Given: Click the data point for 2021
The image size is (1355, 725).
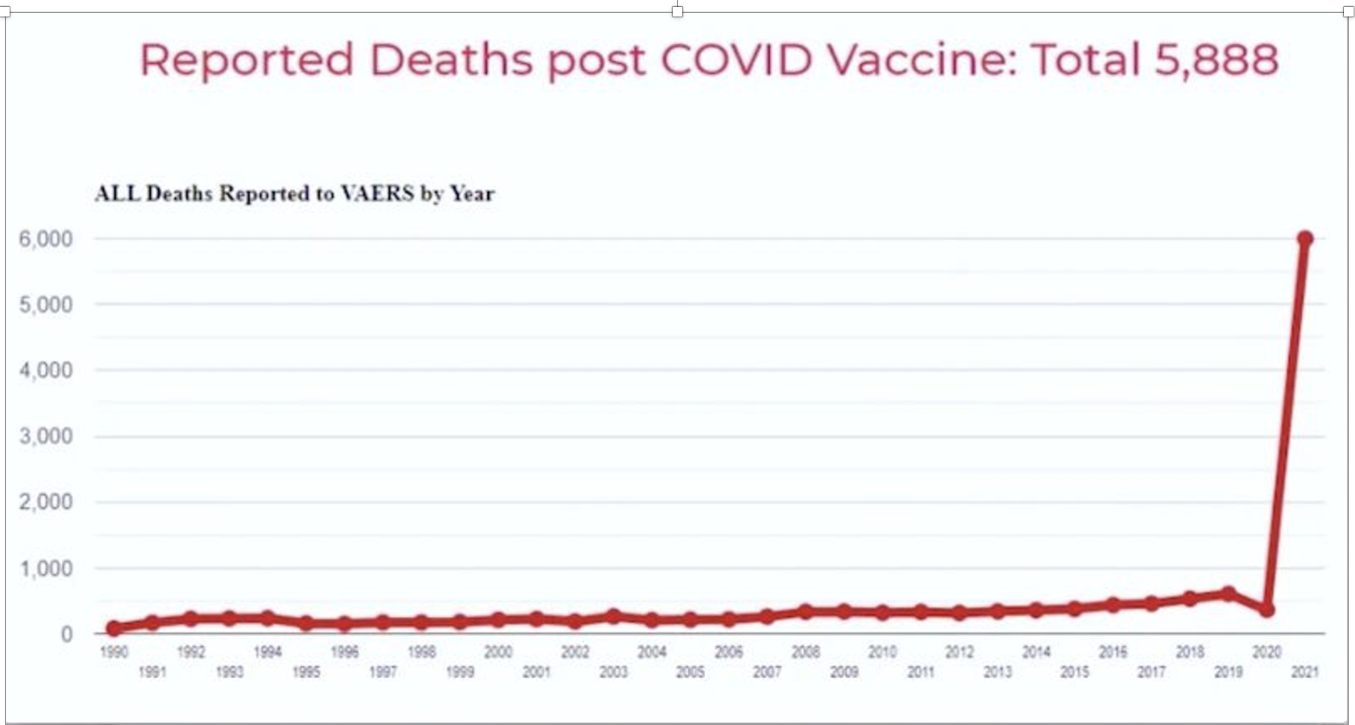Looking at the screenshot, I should tap(1304, 239).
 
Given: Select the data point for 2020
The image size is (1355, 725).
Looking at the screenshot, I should tap(1266, 609).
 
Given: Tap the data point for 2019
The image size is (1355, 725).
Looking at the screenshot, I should tap(1228, 593).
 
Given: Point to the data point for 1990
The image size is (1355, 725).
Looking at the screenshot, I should tap(114, 627).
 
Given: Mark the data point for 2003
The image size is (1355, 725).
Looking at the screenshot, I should tap(613, 616).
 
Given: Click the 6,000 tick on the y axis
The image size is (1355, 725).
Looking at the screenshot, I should tap(46, 239).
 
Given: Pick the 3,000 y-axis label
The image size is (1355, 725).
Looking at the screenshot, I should tap(46, 436).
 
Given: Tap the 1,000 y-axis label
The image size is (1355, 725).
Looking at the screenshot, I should tap(46, 569).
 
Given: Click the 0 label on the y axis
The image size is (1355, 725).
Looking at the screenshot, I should tap(66, 634).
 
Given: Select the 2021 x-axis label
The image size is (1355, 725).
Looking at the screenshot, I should tap(1304, 672).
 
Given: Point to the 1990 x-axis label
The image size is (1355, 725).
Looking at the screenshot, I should tap(114, 651).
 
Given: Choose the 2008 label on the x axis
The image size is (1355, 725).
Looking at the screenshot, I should tap(806, 651).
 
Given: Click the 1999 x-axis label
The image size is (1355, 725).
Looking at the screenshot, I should tap(460, 672).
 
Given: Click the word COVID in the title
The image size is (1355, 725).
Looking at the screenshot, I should tap(736, 59).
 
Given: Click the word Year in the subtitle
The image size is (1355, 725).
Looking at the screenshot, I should tap(472, 193).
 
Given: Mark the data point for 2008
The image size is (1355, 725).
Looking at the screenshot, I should tap(806, 611).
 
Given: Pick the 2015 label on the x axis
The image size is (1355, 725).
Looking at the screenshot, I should tap(1074, 672).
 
